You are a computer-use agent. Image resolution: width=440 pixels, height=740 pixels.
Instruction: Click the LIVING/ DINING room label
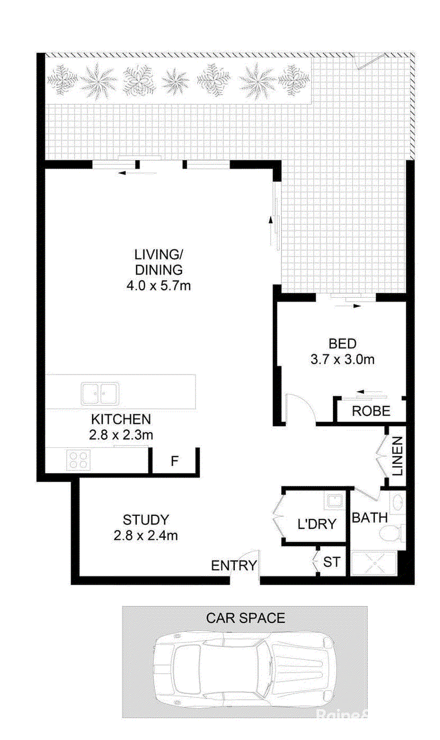click(159, 262)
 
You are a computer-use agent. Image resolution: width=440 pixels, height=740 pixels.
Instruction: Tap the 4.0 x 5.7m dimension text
click(159, 286)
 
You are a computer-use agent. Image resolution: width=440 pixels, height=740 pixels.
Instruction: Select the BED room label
click(342, 344)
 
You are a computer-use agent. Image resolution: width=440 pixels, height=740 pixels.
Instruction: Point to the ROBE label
click(371, 411)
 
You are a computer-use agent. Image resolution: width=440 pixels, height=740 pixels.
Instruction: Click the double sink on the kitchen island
click(100, 394)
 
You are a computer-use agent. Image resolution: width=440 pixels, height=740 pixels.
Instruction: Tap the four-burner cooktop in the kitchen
click(78, 460)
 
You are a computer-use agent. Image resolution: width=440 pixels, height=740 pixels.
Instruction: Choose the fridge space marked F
click(175, 461)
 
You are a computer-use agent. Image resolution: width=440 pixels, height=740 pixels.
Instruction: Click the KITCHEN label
click(121, 419)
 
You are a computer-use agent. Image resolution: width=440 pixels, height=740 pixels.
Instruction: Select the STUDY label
click(146, 520)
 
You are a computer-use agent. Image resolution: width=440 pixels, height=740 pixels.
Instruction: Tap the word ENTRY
click(234, 566)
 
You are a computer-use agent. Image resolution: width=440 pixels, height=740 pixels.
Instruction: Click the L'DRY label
click(317, 524)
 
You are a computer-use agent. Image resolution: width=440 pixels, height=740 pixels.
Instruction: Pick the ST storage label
click(331, 562)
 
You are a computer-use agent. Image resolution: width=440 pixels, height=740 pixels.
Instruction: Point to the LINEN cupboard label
click(397, 456)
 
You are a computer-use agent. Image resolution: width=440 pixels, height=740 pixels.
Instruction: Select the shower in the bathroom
click(374, 563)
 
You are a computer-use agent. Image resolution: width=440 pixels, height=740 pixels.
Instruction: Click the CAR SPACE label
click(246, 618)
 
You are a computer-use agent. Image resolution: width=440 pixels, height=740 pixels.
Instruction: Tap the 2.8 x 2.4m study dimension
click(146, 535)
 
